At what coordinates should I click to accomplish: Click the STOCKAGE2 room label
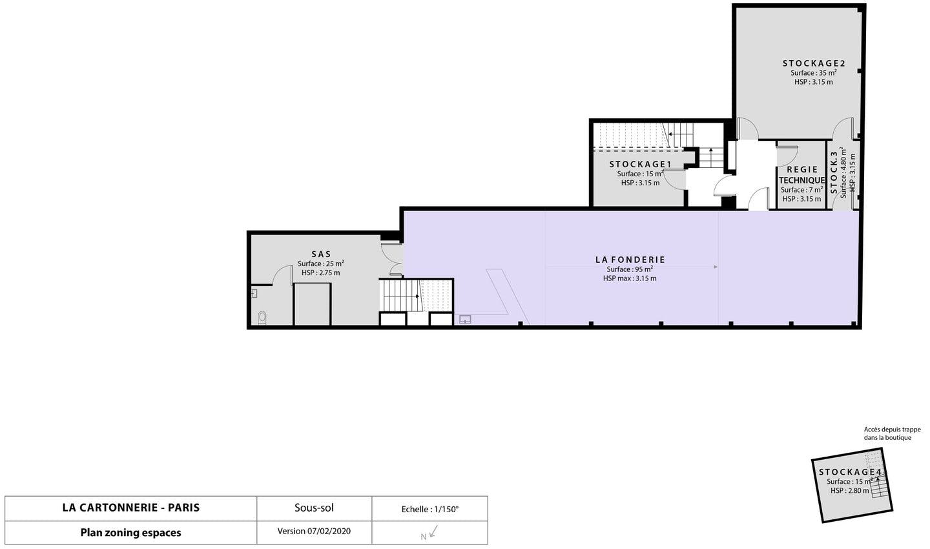point(814,63)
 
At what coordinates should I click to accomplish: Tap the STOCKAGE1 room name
point(640,165)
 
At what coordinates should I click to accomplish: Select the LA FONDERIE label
point(630,260)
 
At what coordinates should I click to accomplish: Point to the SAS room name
point(322,254)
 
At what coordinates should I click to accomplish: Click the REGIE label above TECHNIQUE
point(802,169)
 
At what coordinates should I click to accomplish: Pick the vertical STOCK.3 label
point(834,172)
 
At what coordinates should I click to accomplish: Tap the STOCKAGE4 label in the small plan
point(850,472)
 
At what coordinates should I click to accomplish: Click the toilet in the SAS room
point(262,318)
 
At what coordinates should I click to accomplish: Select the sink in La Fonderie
point(465,319)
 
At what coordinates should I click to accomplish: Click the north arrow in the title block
point(433,532)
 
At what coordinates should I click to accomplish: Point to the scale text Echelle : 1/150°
point(429,509)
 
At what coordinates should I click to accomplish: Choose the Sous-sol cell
point(315,508)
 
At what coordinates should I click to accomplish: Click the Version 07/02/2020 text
point(314,531)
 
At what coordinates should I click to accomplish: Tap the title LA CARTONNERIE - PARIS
point(131,508)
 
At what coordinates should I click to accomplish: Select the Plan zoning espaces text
point(130,533)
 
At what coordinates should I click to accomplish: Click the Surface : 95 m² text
point(630,269)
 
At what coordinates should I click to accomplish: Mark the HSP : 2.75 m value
point(321,273)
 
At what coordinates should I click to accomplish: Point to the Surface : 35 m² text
point(814,73)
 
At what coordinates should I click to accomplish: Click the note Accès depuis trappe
point(893,430)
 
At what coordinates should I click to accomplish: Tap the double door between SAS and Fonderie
point(392,260)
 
